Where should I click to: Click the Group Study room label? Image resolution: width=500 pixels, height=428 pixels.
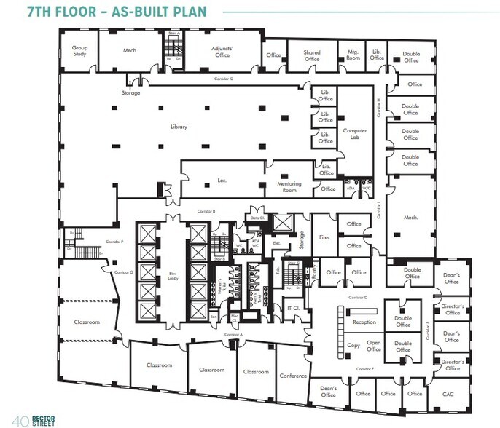point(79,51)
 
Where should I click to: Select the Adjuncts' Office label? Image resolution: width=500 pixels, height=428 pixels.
point(221,51)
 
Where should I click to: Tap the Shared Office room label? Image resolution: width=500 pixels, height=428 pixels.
point(311,55)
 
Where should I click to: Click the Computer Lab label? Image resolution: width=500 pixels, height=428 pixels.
point(355,134)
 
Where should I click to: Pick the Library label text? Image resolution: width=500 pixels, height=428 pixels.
point(179,127)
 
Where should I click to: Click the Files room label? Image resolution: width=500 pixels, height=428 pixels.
point(325,237)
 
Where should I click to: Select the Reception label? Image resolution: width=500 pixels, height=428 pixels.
point(364,322)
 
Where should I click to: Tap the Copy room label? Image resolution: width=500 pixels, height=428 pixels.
point(353,346)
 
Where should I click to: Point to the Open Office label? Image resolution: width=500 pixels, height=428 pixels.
point(374,346)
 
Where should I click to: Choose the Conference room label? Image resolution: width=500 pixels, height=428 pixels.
point(292,376)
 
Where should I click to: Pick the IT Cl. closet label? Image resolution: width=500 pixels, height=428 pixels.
point(294,309)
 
